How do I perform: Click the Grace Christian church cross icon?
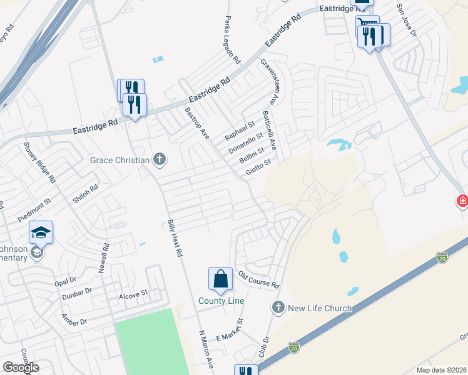click(160, 159)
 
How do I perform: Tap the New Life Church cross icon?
click(278, 307)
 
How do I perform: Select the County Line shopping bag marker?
click(221, 279)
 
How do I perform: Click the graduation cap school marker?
click(41, 233)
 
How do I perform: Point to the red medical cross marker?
click(462, 201)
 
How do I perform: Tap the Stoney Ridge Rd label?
click(40, 161)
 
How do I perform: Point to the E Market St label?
click(229, 329)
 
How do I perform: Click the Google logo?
click(21, 367)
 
